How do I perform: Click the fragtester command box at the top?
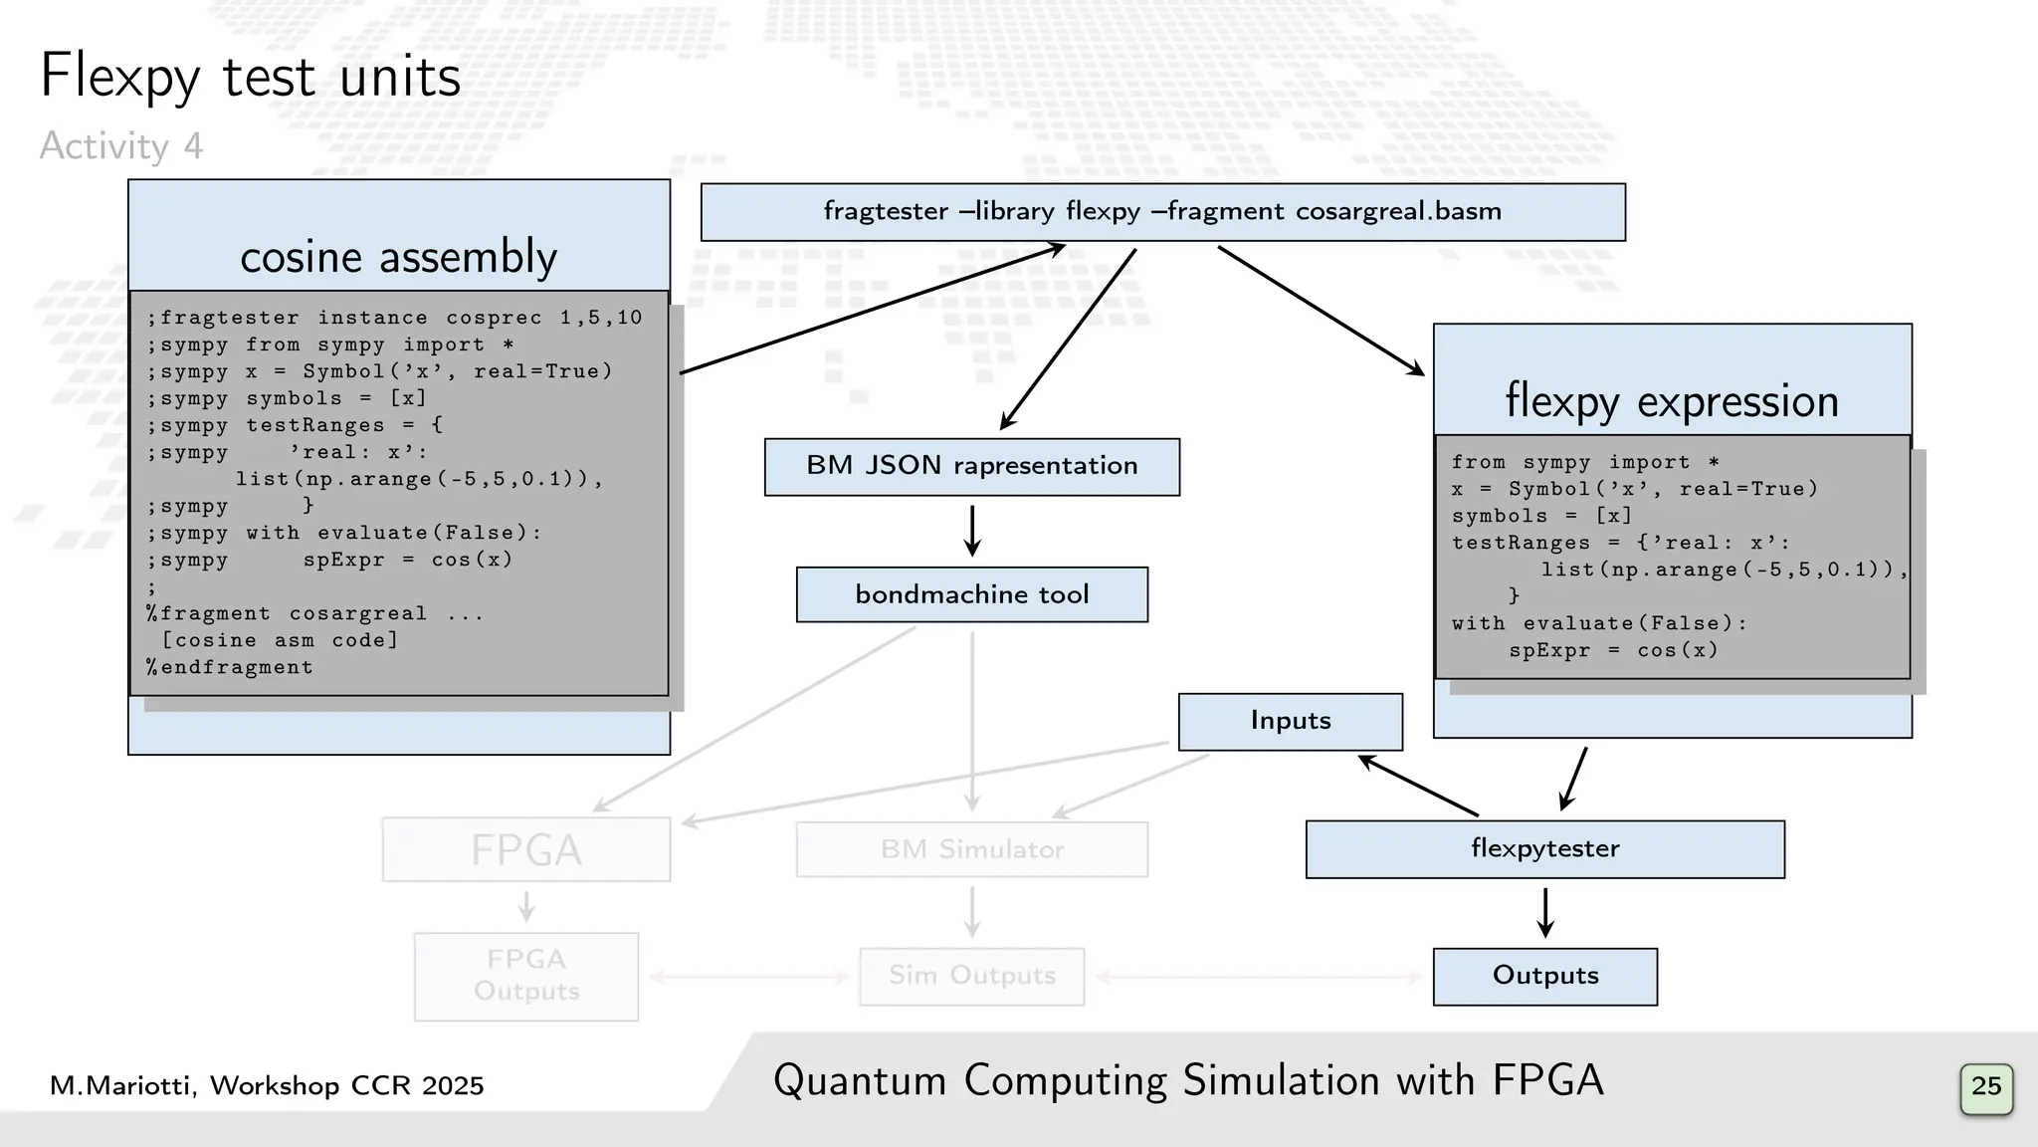(1162, 212)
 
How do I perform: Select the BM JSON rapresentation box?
(971, 467)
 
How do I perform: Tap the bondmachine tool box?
(971, 594)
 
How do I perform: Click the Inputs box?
(1290, 721)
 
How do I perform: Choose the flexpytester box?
(1544, 849)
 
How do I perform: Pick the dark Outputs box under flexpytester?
(1544, 976)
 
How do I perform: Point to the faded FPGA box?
(525, 849)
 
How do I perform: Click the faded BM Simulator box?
(971, 849)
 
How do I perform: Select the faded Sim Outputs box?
(971, 976)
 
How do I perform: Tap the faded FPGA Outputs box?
(525, 976)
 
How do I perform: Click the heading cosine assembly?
(398, 257)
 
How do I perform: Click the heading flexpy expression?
(1672, 401)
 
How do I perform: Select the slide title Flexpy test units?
(250, 77)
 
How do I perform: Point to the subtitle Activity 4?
(120, 146)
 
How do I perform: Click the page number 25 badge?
(1985, 1087)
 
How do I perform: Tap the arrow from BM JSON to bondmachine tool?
(972, 531)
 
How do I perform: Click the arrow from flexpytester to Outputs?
(1544, 912)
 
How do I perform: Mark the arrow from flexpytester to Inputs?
(1418, 786)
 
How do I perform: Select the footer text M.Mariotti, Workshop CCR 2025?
(267, 1085)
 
